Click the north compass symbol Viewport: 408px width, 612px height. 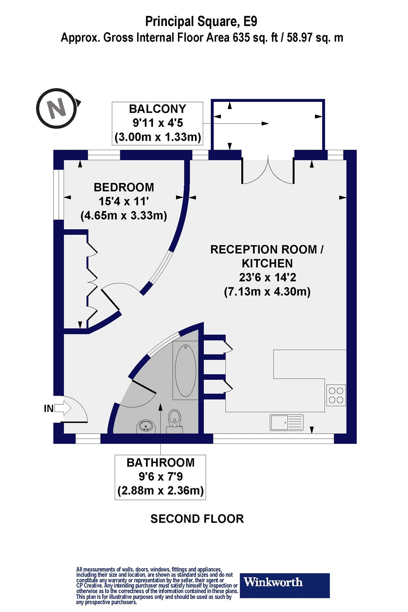57,108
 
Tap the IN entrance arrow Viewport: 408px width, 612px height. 62,408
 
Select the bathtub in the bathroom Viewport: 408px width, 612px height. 186,370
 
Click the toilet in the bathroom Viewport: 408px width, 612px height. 175,420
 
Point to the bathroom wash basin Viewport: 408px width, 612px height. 146,426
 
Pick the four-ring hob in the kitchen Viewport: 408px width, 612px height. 336,395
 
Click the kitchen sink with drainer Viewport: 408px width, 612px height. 286,422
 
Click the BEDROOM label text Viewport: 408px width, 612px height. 124,187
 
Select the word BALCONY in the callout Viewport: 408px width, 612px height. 157,109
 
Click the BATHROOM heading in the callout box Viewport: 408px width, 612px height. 160,463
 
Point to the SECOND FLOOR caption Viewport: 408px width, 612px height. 197,519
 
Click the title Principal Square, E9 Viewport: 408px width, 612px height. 201,21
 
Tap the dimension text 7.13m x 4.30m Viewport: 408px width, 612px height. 267,292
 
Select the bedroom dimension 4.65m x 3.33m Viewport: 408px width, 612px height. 124,215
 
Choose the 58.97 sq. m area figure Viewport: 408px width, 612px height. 315,38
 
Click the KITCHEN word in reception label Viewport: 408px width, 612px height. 267,264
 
